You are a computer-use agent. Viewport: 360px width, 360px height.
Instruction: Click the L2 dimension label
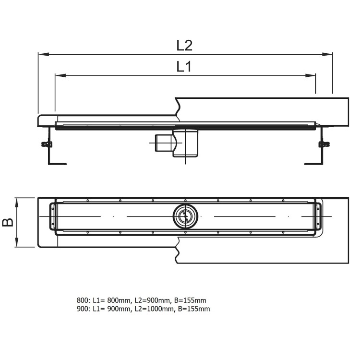click(x=184, y=45)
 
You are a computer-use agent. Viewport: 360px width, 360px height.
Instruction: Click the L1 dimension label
click(x=184, y=67)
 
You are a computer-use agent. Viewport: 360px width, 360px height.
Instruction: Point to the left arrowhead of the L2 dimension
click(x=42, y=54)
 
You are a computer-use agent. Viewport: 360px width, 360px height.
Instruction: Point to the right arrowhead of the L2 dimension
click(x=329, y=54)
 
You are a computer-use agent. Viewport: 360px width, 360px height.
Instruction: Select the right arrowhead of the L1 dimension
click(x=312, y=75)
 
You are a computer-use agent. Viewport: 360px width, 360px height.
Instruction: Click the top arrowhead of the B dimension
click(x=18, y=201)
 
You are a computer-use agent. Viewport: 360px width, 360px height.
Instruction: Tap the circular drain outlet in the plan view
click(x=184, y=217)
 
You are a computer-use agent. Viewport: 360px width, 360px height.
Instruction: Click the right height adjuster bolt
click(x=324, y=144)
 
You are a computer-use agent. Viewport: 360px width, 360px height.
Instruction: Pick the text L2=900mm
click(x=152, y=300)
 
